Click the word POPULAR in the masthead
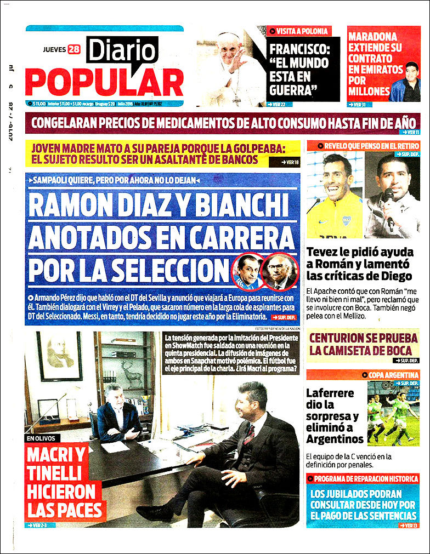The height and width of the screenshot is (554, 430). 104,82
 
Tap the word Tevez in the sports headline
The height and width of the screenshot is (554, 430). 324,253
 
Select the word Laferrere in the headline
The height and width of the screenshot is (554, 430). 330,393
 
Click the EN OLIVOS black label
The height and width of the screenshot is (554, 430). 41,438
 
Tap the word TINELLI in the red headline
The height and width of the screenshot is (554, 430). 54,473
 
